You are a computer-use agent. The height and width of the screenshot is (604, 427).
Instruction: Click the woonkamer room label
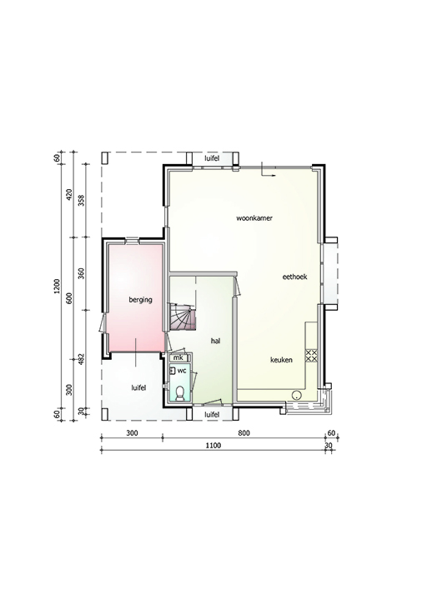pos(254,218)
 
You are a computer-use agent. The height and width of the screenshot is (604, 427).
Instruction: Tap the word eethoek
pos(294,277)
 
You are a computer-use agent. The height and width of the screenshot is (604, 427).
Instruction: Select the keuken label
pos(281,360)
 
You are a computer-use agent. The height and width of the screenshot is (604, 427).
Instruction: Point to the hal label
pos(216,341)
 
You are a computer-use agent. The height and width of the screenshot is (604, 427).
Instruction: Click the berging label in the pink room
pos(140,300)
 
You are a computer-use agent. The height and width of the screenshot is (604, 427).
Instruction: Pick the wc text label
pos(182,371)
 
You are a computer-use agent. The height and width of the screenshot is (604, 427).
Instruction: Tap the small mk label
pos(178,358)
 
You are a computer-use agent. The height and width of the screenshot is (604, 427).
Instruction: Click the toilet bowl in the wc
pos(180,394)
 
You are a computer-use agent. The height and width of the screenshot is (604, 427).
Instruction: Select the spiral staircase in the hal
pos(182,317)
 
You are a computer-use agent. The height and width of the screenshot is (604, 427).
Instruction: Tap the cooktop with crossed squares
pos(311,355)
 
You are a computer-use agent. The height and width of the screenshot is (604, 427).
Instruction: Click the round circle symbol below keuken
pos(296,395)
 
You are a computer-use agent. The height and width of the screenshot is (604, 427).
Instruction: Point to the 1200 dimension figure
pos(57,287)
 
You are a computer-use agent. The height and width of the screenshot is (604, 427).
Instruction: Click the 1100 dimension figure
pos(213,446)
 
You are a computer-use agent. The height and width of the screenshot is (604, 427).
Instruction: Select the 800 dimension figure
pos(244,433)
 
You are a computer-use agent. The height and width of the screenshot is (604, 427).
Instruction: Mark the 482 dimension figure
pos(81,359)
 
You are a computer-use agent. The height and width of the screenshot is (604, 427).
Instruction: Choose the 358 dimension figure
pos(81,200)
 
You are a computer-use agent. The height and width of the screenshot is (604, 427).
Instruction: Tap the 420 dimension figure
pos(69,195)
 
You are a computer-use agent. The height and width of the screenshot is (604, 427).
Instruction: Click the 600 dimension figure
pos(69,298)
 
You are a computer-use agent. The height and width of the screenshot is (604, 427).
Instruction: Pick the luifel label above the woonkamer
pos(212,158)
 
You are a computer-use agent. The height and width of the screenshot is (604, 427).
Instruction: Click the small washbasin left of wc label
pos(173,371)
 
